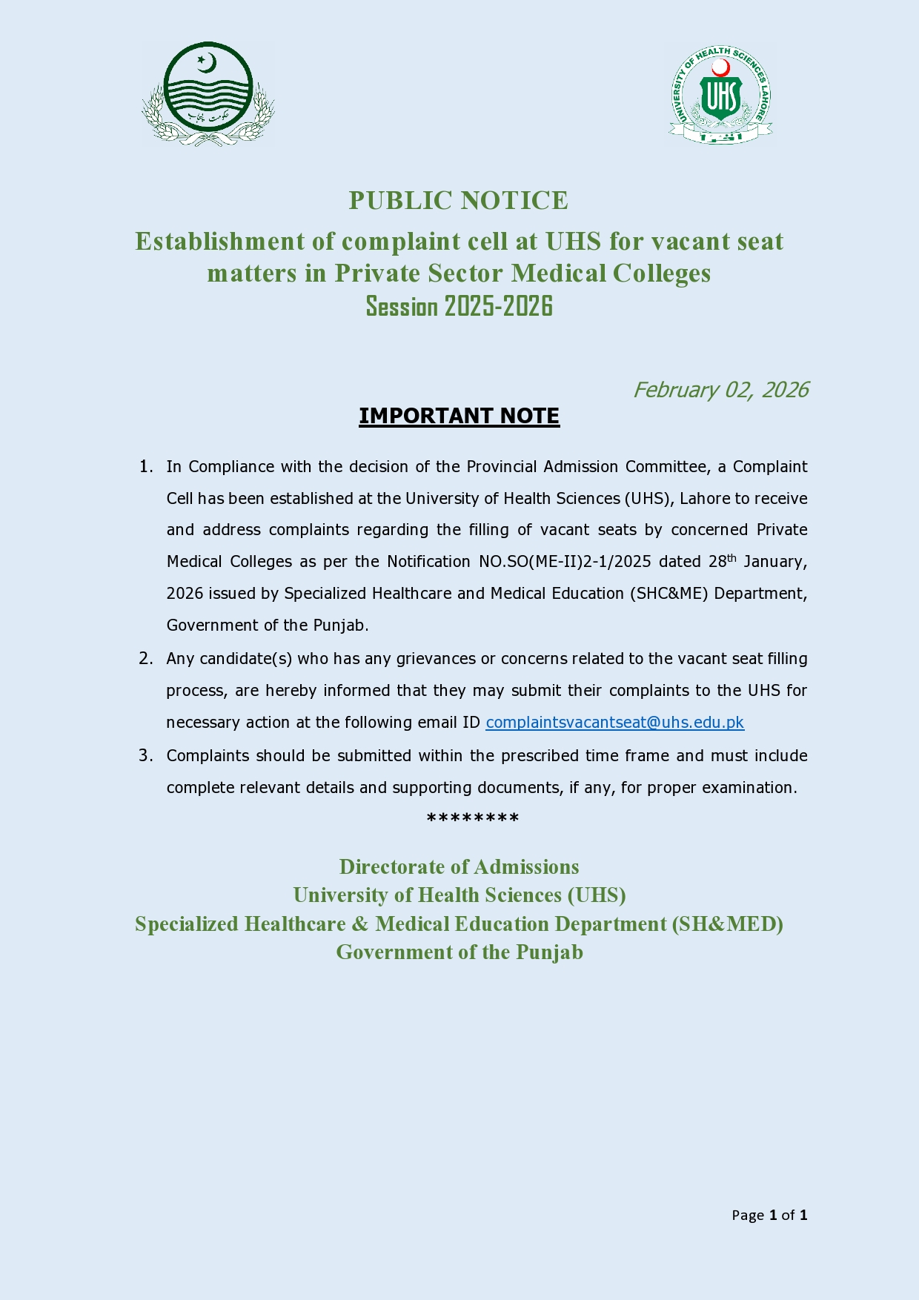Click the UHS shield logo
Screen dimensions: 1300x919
(x=720, y=95)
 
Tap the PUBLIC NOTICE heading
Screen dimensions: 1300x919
(x=459, y=201)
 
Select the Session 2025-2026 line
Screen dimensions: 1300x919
(x=459, y=306)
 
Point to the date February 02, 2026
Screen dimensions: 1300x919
(x=720, y=390)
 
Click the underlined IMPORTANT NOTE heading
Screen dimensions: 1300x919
(x=459, y=416)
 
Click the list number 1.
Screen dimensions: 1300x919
(x=145, y=467)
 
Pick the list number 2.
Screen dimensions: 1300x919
(x=145, y=659)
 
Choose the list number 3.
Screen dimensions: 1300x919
(x=145, y=756)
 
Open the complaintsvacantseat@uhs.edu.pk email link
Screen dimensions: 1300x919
(x=614, y=723)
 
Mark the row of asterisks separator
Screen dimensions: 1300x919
(x=473, y=819)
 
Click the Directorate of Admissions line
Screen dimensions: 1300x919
(x=459, y=867)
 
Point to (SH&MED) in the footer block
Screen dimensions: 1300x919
(x=728, y=924)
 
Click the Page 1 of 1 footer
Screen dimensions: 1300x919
(x=769, y=1215)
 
